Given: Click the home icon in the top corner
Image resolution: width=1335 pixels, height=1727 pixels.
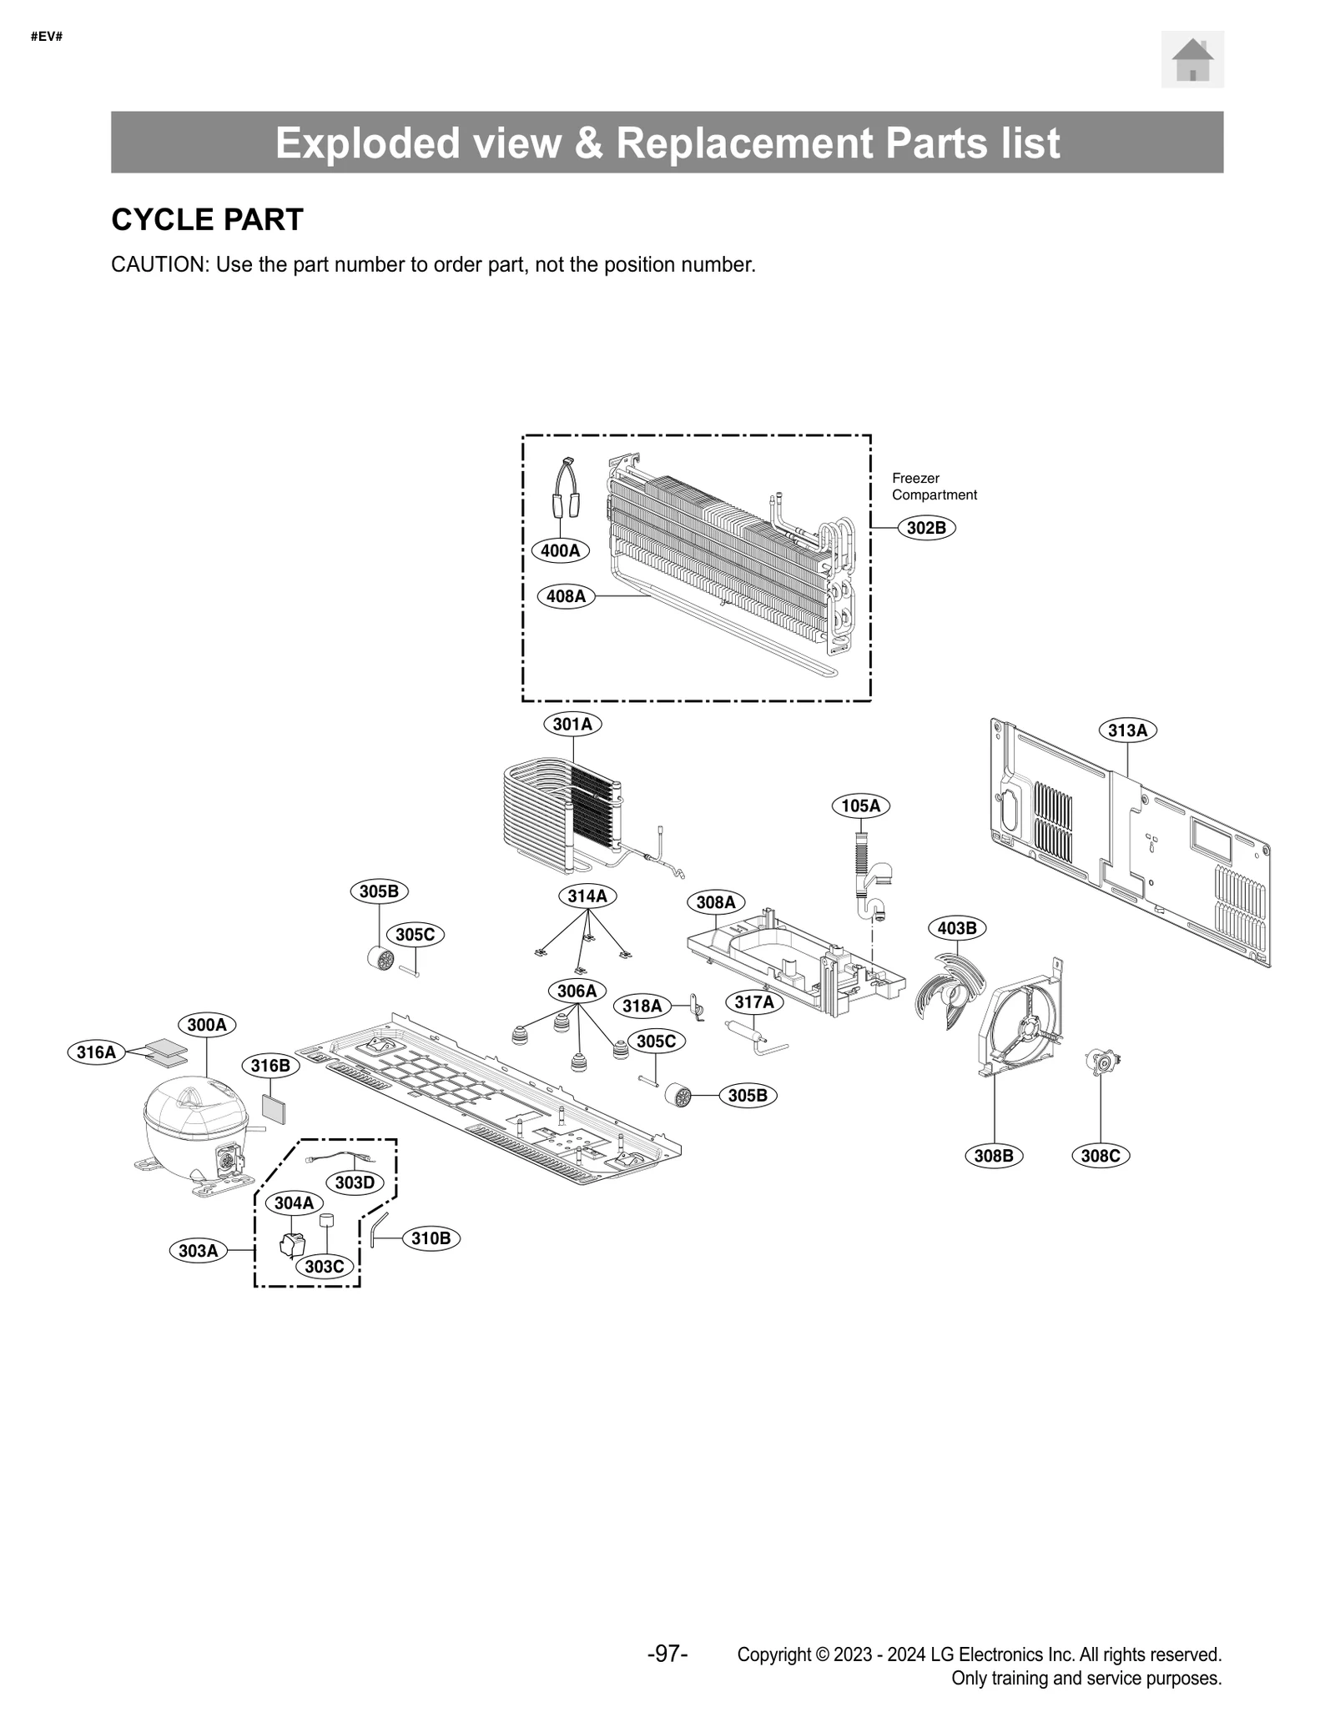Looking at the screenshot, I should pyautogui.click(x=1191, y=59).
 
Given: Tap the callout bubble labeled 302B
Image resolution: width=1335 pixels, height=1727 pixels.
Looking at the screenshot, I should pyautogui.click(x=926, y=528).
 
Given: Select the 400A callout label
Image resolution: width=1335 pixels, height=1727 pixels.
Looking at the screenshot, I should pyautogui.click(x=560, y=550).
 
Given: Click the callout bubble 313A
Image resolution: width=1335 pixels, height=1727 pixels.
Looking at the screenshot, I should pyautogui.click(x=1127, y=730).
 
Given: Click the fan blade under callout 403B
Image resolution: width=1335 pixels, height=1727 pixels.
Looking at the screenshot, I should pyautogui.click(x=950, y=991).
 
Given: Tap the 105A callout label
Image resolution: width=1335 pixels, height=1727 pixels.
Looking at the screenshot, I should pyautogui.click(x=860, y=806).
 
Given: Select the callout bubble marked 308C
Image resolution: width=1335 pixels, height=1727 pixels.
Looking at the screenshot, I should pyautogui.click(x=1100, y=1156).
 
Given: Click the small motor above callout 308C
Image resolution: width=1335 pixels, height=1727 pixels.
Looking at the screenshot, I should pyautogui.click(x=1101, y=1062).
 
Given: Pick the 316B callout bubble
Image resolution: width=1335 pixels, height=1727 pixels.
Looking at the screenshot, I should pyautogui.click(x=270, y=1066).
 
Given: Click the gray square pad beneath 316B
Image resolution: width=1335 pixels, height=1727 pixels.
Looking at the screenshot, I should pyautogui.click(x=274, y=1110).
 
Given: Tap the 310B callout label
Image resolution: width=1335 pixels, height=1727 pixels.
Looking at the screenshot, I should pyautogui.click(x=431, y=1238).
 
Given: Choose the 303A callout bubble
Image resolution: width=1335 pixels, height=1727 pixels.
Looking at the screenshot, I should pyautogui.click(x=199, y=1251).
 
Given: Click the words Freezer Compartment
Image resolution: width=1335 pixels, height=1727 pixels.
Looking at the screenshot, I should pyautogui.click(x=933, y=486).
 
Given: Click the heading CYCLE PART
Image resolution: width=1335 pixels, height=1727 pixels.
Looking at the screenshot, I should pyautogui.click(x=207, y=219).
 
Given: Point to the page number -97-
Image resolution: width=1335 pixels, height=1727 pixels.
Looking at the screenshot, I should pyautogui.click(x=667, y=1653).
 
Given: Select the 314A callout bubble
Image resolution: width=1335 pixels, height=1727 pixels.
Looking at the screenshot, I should pyautogui.click(x=587, y=896).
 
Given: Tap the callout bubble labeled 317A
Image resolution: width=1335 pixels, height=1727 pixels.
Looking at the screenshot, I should pyautogui.click(x=753, y=1002).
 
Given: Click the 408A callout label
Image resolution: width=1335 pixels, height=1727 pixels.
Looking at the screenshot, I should pyautogui.click(x=566, y=596).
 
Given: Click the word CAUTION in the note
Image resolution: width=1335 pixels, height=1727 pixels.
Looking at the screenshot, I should pyautogui.click(x=159, y=265).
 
